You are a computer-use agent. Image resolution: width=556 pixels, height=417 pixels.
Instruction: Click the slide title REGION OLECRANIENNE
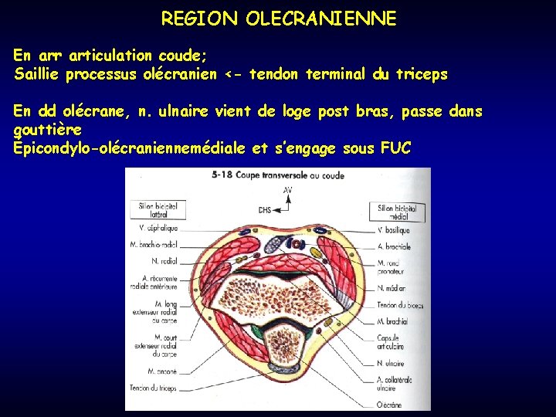point(278,19)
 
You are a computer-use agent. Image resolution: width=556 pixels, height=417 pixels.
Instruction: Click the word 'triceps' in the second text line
point(420,75)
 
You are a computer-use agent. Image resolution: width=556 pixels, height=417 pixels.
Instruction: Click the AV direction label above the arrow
point(287,189)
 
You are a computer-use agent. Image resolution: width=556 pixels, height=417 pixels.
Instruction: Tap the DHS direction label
point(264,208)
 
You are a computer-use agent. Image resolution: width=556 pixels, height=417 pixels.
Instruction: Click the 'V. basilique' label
point(394,231)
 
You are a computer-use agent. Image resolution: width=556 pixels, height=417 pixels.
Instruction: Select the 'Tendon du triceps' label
point(154,388)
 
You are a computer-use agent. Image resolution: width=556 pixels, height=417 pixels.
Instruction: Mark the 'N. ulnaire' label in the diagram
point(391,363)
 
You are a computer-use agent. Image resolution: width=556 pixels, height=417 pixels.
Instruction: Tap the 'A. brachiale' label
point(394,247)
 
